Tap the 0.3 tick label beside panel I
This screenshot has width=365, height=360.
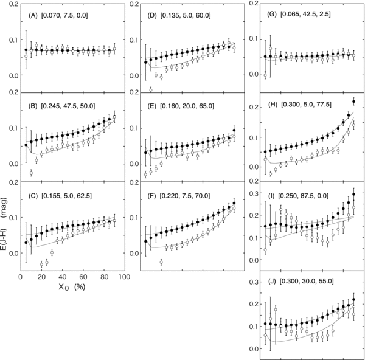[x=250, y=187]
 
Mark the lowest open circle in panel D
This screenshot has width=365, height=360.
[x=151, y=89]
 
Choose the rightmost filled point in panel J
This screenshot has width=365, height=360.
[x=354, y=299]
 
